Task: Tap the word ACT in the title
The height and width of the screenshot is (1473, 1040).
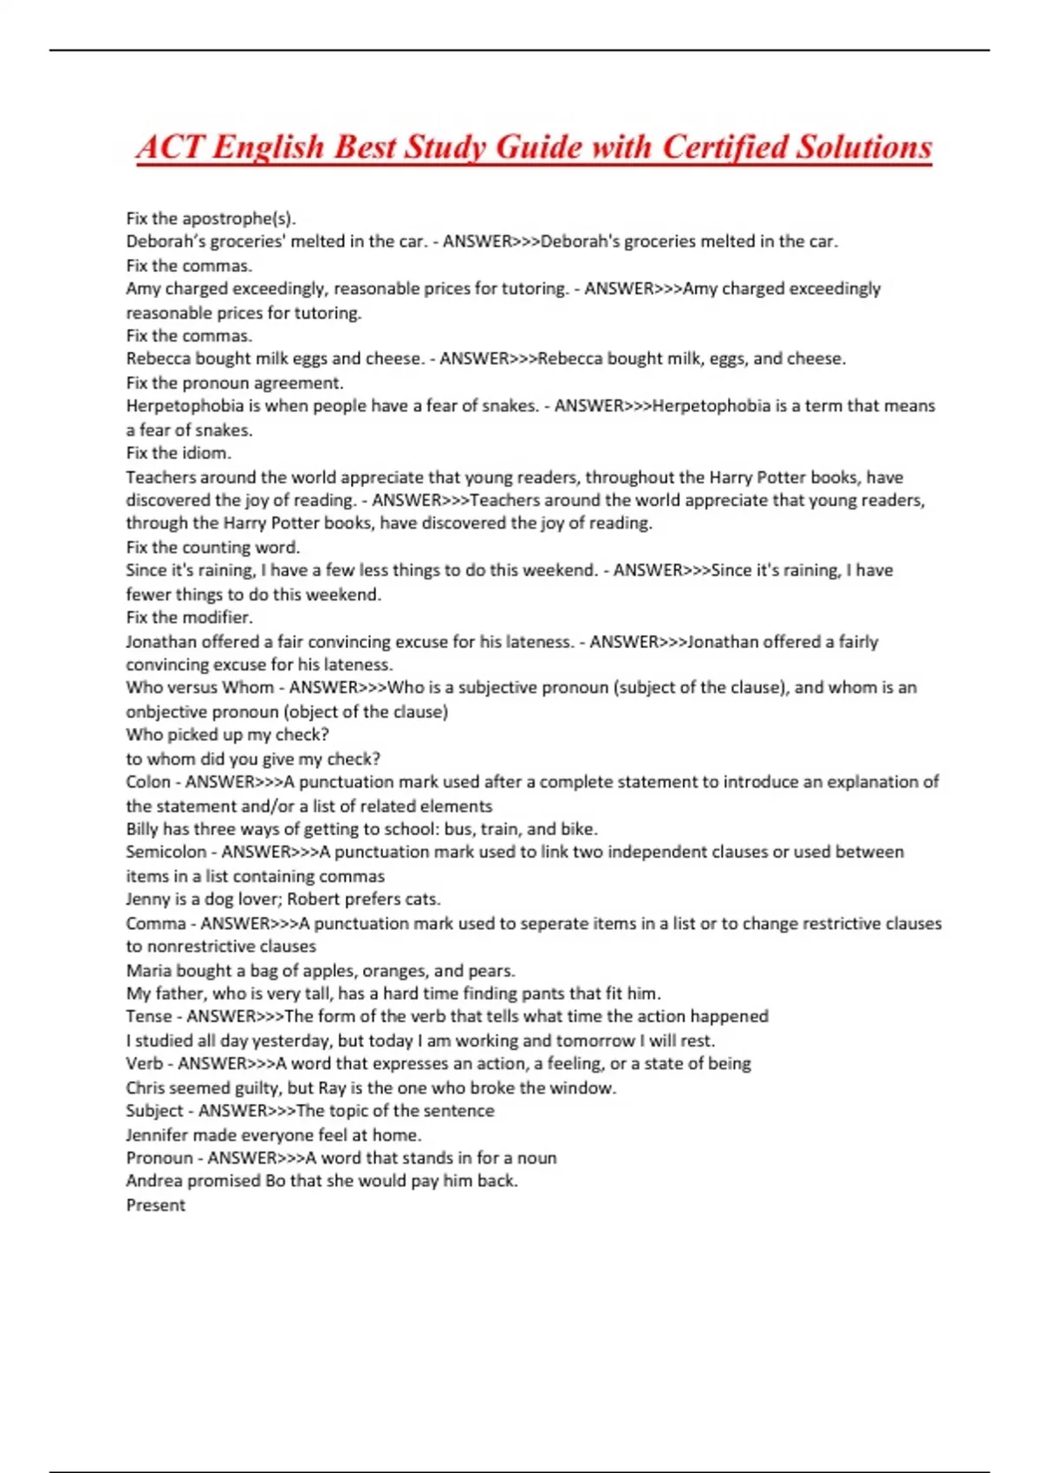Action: (x=170, y=147)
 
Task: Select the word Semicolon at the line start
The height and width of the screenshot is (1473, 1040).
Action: (x=166, y=853)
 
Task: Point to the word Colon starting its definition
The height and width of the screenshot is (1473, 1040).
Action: (x=147, y=782)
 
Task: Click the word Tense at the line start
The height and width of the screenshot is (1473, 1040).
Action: (x=149, y=1016)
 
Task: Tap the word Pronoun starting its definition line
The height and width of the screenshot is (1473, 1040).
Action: (x=160, y=1158)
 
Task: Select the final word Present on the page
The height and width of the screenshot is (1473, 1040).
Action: (x=156, y=1205)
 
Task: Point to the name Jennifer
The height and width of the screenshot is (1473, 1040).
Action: (x=157, y=1135)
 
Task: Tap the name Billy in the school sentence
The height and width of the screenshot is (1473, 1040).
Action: (x=143, y=829)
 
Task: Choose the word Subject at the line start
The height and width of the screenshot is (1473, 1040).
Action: (x=155, y=1111)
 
